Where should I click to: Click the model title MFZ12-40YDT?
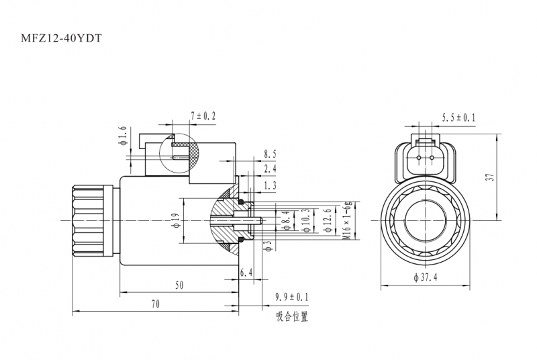pos(61,38)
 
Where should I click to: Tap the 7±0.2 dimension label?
pos(203,116)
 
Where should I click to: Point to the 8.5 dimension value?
pos(270,154)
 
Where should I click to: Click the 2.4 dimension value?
pos(270,169)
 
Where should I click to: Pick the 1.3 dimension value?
pos(270,185)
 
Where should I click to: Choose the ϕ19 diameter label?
pos(176,221)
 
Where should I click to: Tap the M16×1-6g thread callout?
pos(347,220)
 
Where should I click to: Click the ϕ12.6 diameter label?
pos(328,220)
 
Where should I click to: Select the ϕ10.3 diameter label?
pos(306,220)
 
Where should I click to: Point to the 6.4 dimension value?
pos(246,273)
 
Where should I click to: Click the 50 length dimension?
pos(179,285)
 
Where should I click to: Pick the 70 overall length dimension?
pos(156,304)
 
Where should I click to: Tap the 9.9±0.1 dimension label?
pos(292,297)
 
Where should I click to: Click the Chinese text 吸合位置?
pos(292,316)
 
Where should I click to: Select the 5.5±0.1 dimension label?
pos(458,118)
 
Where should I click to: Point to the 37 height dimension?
pos(491,177)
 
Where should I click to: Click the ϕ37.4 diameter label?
pos(426,277)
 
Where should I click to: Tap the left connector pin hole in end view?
pos(419,158)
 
